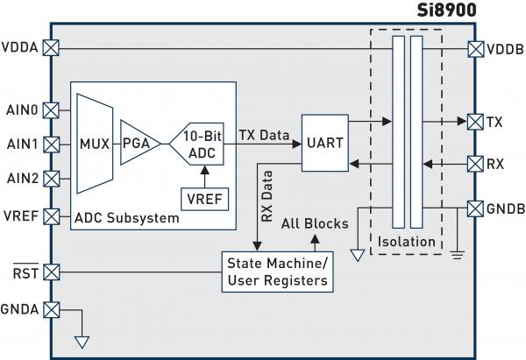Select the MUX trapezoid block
(93, 142)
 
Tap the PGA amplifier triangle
(135, 142)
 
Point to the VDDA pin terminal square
(51, 49)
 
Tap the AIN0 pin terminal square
(51, 110)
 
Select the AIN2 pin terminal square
(51, 179)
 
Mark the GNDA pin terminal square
(51, 308)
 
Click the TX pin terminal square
(475, 120)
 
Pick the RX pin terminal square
(475, 163)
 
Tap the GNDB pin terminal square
(475, 208)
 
